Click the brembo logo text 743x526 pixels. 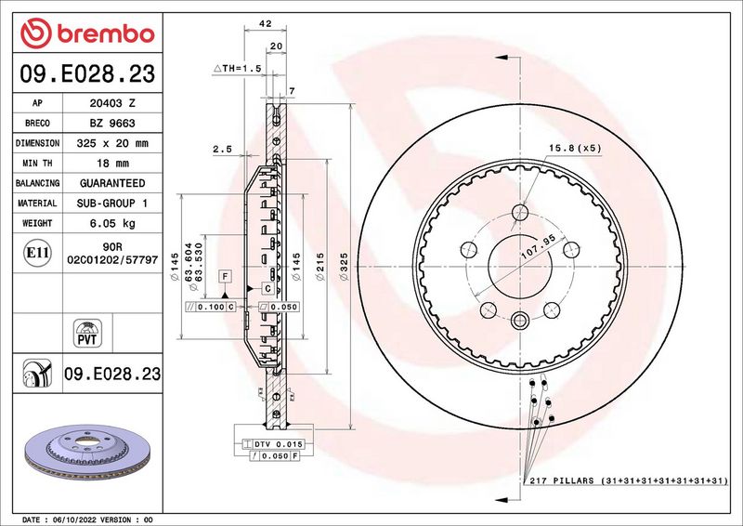(x=106, y=34)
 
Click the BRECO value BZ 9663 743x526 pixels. (x=112, y=124)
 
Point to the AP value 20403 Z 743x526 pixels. (x=112, y=103)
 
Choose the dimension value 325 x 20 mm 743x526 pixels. (x=112, y=143)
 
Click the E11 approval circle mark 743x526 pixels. (x=37, y=253)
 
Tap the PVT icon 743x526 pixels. (x=87, y=334)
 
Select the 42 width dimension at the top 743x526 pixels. (x=266, y=23)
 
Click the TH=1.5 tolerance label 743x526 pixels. (x=238, y=68)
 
